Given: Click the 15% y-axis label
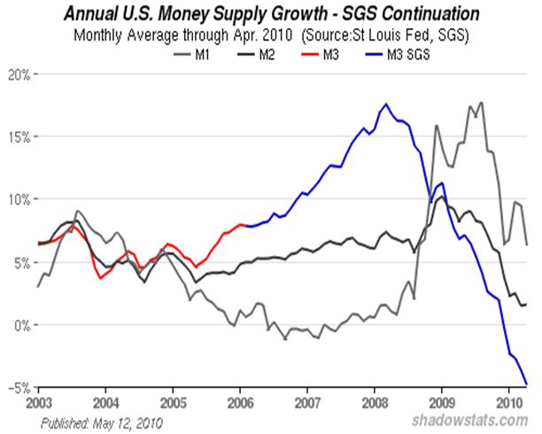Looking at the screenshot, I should [x=18, y=137].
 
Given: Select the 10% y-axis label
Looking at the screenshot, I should [x=18, y=200].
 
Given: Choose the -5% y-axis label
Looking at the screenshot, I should [x=18, y=388].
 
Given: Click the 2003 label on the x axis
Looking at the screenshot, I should [x=38, y=402].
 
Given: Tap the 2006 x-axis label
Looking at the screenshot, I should [x=240, y=402].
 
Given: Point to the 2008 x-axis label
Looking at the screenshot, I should [x=375, y=402].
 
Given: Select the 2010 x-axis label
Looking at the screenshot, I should [x=509, y=402].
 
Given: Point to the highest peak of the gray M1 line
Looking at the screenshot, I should [x=481, y=103].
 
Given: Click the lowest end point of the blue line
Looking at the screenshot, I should [x=528, y=384].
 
